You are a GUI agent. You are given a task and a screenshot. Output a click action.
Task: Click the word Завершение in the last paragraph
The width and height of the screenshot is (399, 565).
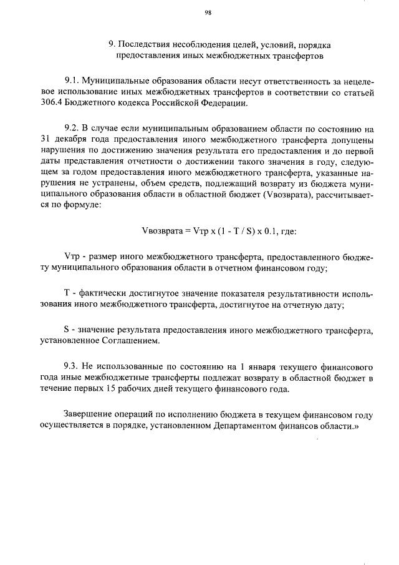[90, 415]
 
